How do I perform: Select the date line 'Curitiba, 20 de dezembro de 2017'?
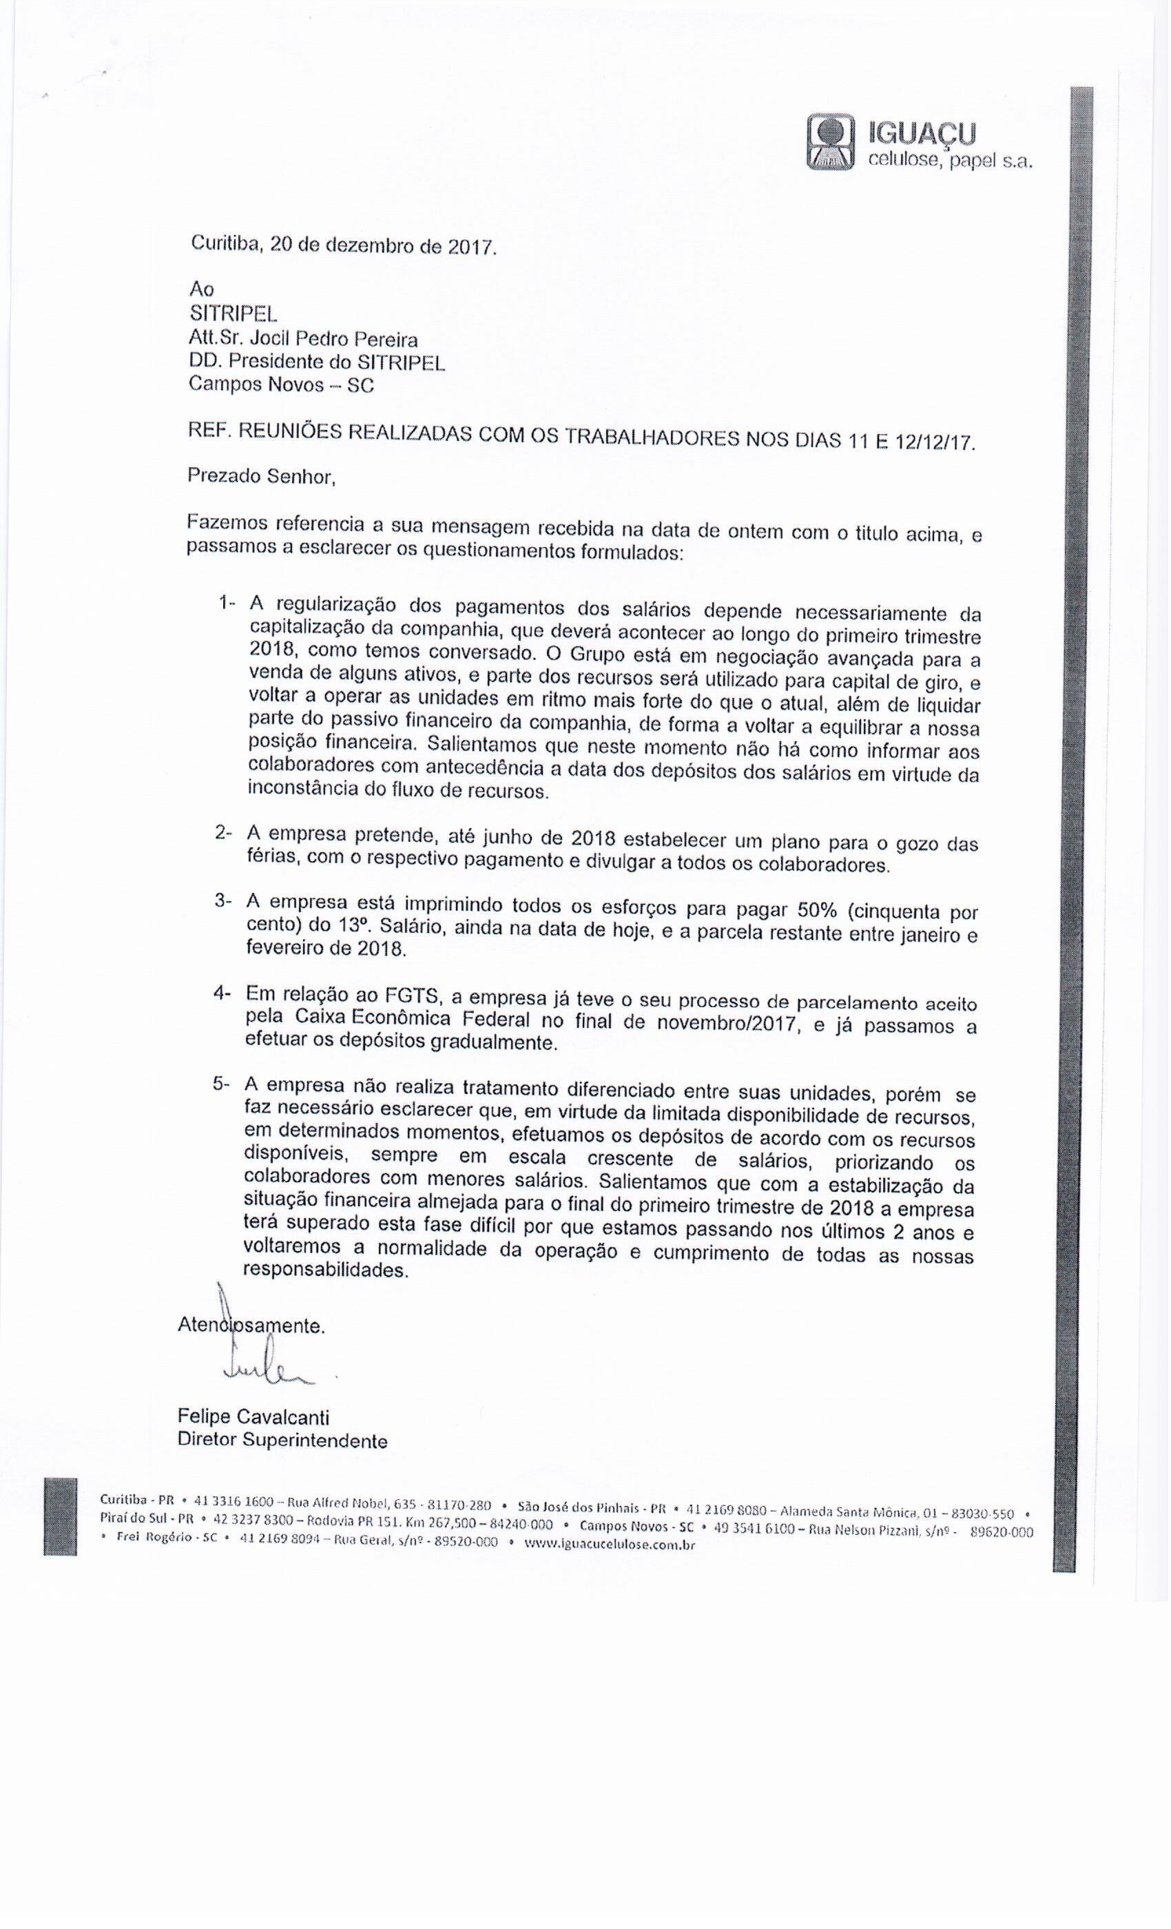[344, 245]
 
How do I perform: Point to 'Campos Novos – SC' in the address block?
[281, 385]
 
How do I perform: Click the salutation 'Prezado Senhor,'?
[262, 476]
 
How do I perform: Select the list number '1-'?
[227, 603]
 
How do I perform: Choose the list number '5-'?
[222, 1084]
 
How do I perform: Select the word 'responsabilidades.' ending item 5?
[327, 1270]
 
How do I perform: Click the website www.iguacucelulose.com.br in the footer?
[609, 1545]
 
